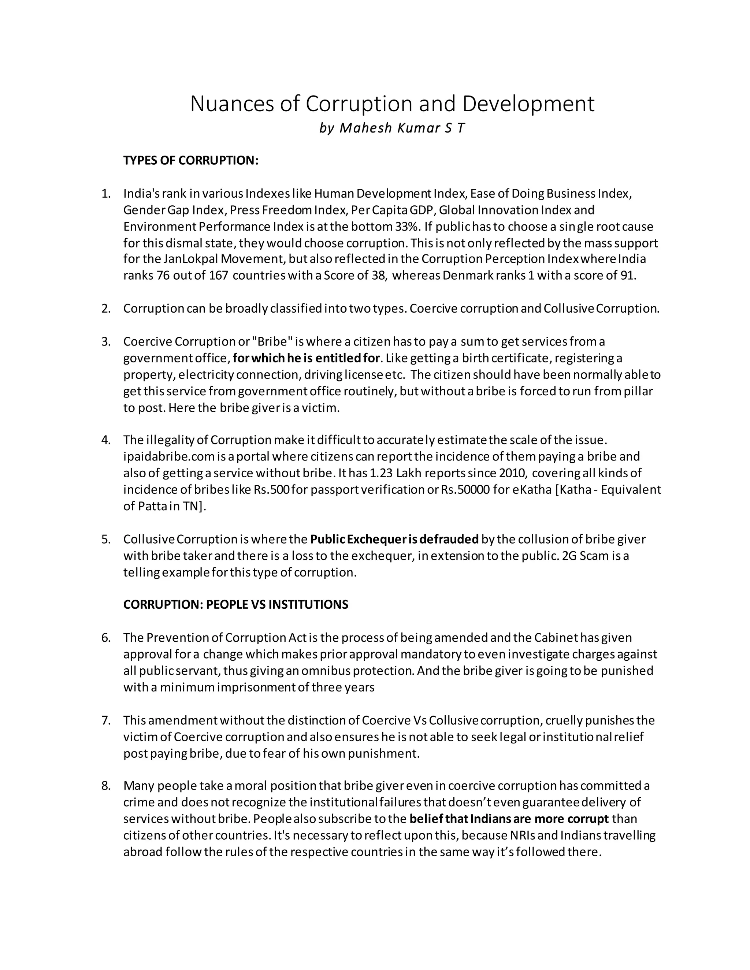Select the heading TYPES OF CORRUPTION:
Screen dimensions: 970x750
click(x=190, y=160)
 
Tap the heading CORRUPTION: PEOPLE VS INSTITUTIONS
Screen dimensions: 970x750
click(x=235, y=604)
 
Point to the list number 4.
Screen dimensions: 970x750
click(x=105, y=440)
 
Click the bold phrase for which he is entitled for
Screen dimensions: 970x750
click(x=307, y=358)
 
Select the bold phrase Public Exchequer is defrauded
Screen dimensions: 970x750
click(x=394, y=539)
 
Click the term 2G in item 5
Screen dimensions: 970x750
click(x=569, y=556)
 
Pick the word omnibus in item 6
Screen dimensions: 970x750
click(x=327, y=671)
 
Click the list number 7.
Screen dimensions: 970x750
click(x=105, y=720)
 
